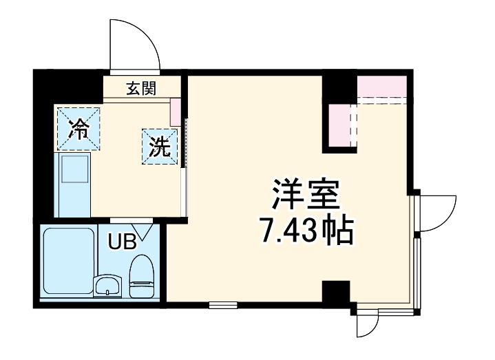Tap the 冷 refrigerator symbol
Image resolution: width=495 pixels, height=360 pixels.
point(78,127)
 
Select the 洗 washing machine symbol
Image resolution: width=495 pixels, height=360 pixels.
point(160,146)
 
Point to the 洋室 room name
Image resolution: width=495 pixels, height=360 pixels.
point(305,195)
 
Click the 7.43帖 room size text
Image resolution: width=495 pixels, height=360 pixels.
point(305,233)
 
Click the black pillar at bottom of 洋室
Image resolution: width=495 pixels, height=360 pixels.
point(336,294)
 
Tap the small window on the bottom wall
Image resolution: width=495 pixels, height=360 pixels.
point(222,304)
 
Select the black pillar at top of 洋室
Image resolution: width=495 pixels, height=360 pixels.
point(339,85)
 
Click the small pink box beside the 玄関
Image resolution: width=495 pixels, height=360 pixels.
point(176,111)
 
